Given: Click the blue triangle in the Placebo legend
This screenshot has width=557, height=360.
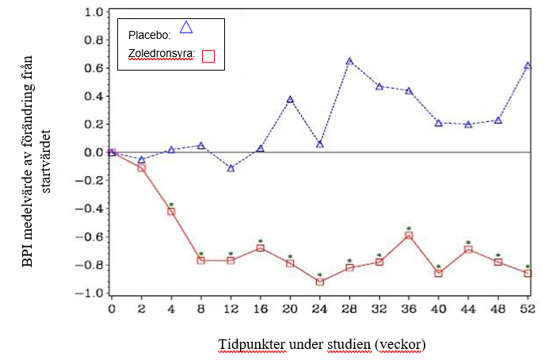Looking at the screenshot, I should click(x=186, y=28).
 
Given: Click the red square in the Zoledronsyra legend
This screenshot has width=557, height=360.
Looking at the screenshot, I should click(x=208, y=56).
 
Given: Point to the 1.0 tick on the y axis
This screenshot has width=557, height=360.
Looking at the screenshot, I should click(x=93, y=13).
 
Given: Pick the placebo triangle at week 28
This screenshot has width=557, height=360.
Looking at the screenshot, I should click(x=349, y=61).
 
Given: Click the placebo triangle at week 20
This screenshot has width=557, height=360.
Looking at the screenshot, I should click(x=290, y=99).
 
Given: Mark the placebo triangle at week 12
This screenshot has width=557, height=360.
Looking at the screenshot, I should click(x=231, y=168).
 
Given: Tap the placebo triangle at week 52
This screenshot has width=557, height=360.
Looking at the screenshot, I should click(x=528, y=66).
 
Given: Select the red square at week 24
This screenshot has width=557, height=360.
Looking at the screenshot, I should click(x=319, y=281).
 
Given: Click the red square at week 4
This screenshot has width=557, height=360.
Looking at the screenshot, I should click(x=171, y=211).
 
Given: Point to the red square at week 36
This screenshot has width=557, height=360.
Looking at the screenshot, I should click(x=409, y=235).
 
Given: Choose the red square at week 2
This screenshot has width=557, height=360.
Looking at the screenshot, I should click(x=142, y=168).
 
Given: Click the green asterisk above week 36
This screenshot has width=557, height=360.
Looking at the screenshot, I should click(x=409, y=228).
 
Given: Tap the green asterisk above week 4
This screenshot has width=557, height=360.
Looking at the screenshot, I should click(x=171, y=204).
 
